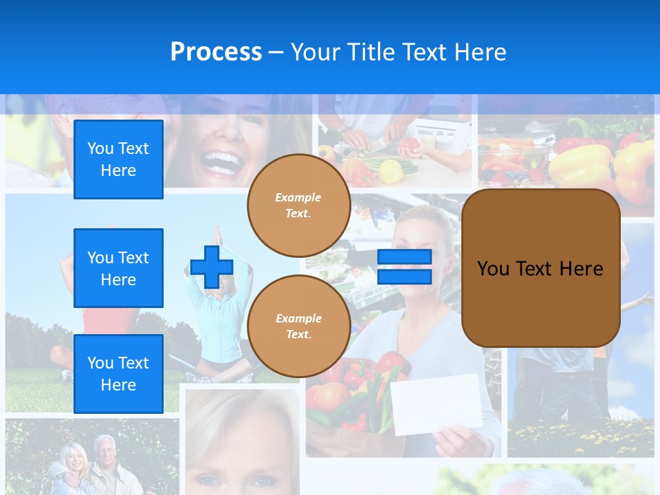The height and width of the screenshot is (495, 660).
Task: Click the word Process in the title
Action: pos(216,52)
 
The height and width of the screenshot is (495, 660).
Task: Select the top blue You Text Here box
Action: pos(118,159)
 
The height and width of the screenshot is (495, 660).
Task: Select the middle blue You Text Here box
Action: pos(118,268)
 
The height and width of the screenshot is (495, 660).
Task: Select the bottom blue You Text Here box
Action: pos(118,374)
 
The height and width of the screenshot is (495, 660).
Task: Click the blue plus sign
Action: pos(211,267)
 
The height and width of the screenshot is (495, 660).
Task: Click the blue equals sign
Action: pos(404,267)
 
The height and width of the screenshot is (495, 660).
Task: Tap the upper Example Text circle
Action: pos(298,205)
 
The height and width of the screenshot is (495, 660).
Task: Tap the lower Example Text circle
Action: pos(298,326)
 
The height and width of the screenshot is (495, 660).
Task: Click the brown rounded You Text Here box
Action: pos(540,268)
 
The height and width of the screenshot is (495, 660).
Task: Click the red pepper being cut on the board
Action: pos(409,146)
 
